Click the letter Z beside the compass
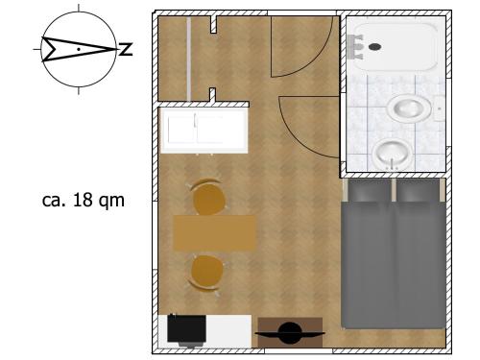(126, 49)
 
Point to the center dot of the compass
(79, 49)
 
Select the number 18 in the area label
(83, 200)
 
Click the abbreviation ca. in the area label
(54, 201)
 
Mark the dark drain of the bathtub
(374, 47)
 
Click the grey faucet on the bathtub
(356, 47)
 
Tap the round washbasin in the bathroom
(392, 154)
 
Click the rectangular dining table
(214, 233)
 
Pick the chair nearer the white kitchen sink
(208, 197)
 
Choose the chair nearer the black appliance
(206, 273)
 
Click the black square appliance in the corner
(186, 330)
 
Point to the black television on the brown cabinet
(290, 333)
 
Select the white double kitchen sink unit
(204, 131)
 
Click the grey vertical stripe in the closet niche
(189, 59)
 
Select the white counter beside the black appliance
(228, 331)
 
